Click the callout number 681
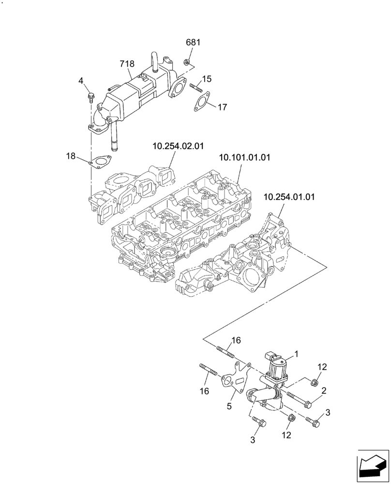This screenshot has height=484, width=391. [x=193, y=43]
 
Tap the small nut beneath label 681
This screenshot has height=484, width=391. [x=186, y=61]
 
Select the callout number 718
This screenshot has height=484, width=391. [x=127, y=63]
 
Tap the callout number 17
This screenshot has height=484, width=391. [x=222, y=107]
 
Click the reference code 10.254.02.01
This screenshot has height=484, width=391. [x=178, y=146]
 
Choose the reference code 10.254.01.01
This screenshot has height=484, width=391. [x=289, y=197]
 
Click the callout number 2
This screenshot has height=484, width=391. [x=324, y=390]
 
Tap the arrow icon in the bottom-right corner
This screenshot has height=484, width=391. [x=372, y=466]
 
